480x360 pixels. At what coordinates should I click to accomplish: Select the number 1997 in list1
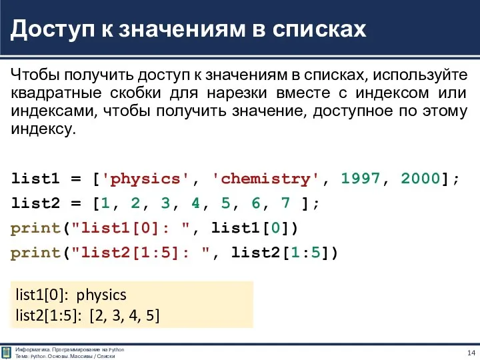point(361,179)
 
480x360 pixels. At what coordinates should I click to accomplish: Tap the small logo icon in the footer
point(6,352)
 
